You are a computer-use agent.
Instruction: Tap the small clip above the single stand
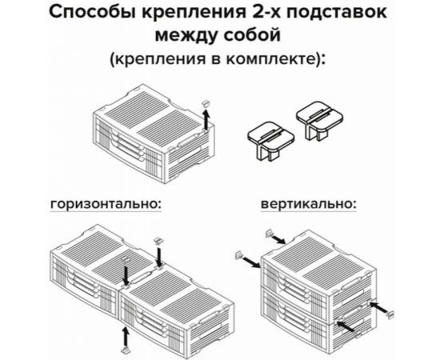(206, 103)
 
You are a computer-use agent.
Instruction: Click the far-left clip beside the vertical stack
(238, 257)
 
